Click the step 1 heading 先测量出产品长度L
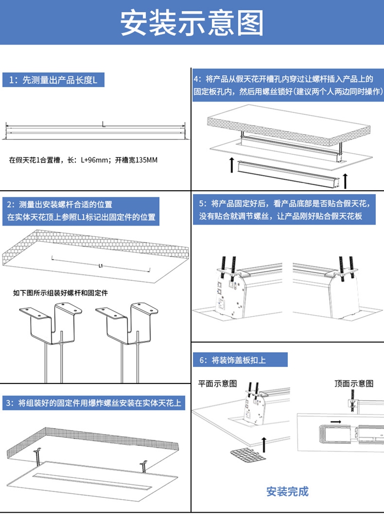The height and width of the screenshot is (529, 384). click(x=56, y=80)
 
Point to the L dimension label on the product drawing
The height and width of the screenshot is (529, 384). click(x=104, y=124)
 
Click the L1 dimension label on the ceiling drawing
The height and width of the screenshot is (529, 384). click(x=101, y=266)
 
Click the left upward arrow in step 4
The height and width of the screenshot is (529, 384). click(x=232, y=165)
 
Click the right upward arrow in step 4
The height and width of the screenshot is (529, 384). click(x=347, y=181)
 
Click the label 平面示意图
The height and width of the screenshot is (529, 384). click(x=218, y=383)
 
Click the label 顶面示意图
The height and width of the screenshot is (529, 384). click(x=354, y=383)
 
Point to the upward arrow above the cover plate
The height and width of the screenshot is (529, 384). click(x=264, y=444)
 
